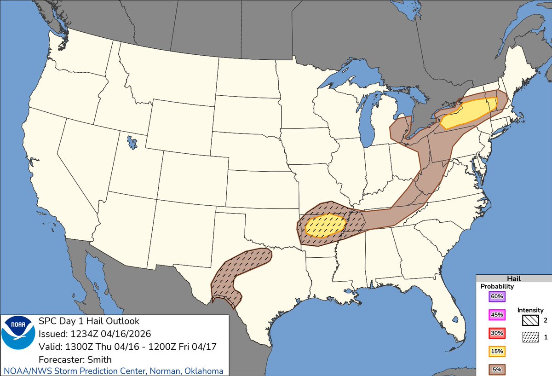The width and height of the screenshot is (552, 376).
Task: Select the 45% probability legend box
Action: point(497,315)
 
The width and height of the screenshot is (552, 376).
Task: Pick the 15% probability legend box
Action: point(497,352)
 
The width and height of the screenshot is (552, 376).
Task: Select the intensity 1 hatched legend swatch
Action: point(530,337)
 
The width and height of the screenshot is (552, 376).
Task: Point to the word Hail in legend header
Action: point(513,279)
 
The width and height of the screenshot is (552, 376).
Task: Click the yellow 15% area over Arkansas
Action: point(326,226)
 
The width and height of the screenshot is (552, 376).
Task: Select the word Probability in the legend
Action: point(497,286)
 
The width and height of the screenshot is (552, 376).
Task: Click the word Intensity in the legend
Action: point(530,310)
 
